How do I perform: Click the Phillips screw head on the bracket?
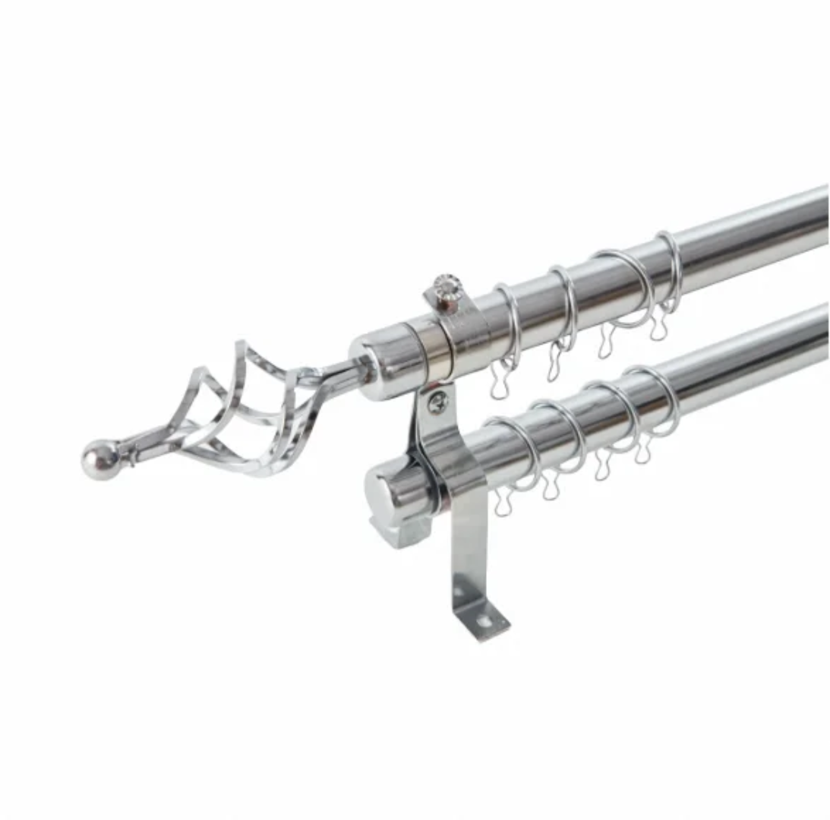click(437, 402)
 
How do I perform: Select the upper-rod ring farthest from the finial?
click(668, 270)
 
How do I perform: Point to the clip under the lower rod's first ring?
click(503, 501)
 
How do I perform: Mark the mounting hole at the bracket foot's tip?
click(482, 620)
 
